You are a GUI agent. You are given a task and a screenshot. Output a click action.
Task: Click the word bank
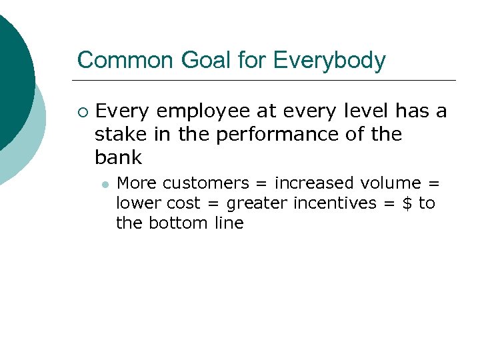click(x=118, y=157)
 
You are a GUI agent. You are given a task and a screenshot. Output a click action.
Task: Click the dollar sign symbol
click(x=408, y=203)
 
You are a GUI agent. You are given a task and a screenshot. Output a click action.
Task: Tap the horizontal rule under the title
click(x=267, y=81)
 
